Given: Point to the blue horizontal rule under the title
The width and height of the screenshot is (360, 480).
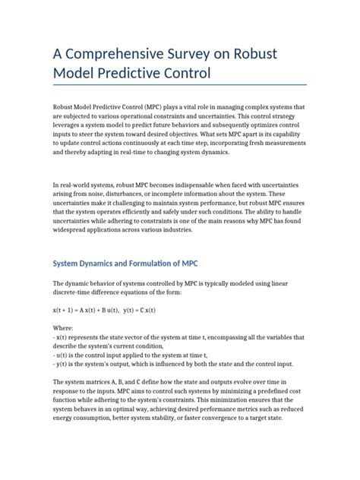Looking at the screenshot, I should (179, 84).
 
